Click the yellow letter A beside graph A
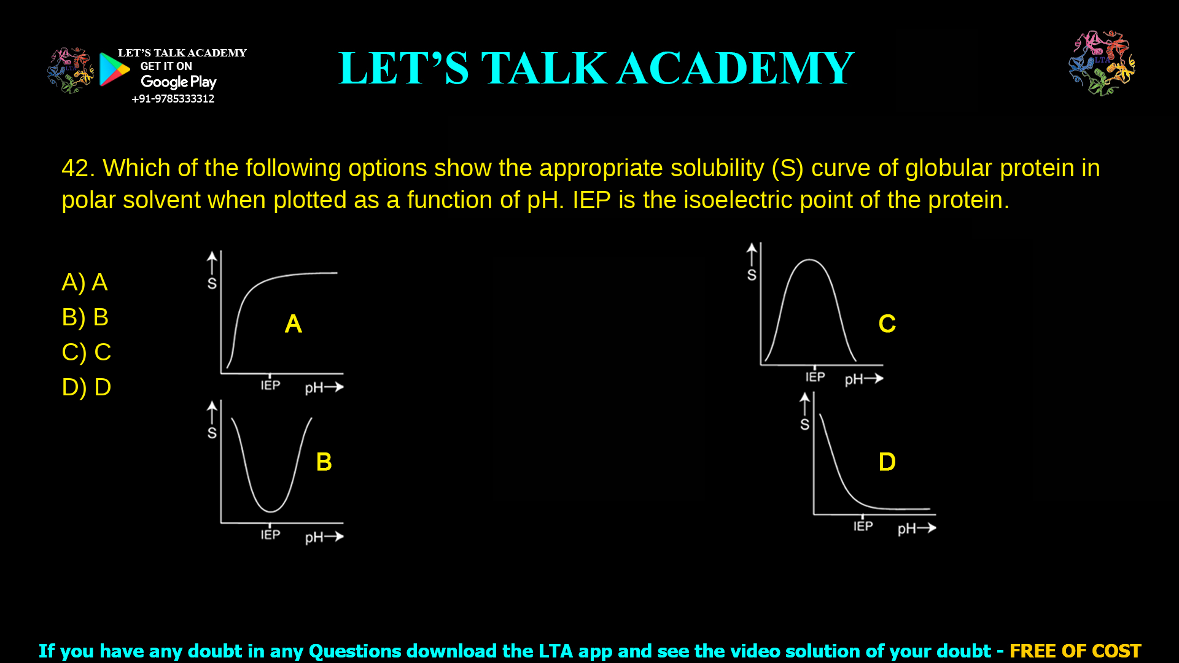(293, 324)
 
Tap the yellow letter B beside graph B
(324, 462)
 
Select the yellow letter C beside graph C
(887, 324)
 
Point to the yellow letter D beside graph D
(887, 462)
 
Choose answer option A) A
(85, 282)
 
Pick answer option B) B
(85, 317)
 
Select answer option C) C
(86, 352)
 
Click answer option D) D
(86, 387)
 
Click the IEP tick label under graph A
(270, 386)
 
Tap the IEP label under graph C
(815, 377)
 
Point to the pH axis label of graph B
(314, 538)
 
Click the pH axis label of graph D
(906, 529)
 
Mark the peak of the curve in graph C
(809, 260)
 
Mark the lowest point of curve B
(270, 511)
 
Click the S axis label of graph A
(212, 284)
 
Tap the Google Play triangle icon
(114, 69)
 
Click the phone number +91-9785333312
(173, 99)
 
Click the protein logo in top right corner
(1102, 63)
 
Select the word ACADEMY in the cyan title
(735, 68)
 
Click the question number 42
(77, 168)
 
